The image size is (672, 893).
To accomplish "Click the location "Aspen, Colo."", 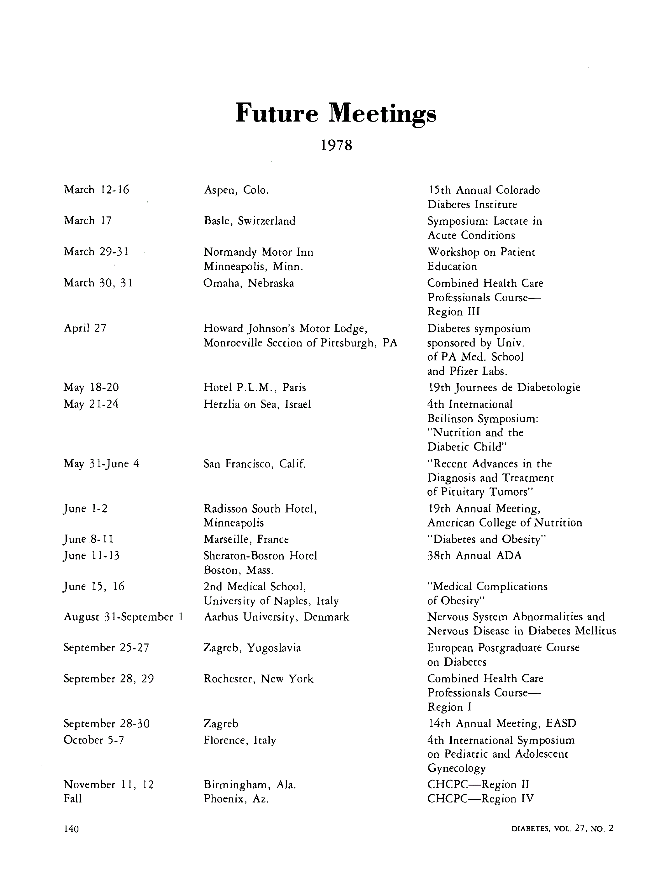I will coord(236,190).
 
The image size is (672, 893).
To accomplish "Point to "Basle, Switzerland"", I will coord(249,221).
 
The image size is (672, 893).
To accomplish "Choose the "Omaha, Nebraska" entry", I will coord(249,283).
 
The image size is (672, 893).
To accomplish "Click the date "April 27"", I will coord(85,328).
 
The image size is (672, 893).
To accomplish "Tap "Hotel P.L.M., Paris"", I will coord(255,388).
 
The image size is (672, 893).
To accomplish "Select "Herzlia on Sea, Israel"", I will coord(257,404).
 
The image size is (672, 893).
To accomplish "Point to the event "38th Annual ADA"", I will coord(474,556).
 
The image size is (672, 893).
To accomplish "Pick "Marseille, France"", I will coord(246,539).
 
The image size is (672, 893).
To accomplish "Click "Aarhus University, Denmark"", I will coord(276,617).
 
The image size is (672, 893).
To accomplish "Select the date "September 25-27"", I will coord(106,648).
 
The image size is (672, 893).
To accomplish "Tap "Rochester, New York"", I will coord(258,679).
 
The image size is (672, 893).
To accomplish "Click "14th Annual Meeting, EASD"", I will coord(502,723).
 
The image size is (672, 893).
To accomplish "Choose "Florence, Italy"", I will coord(240,740).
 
